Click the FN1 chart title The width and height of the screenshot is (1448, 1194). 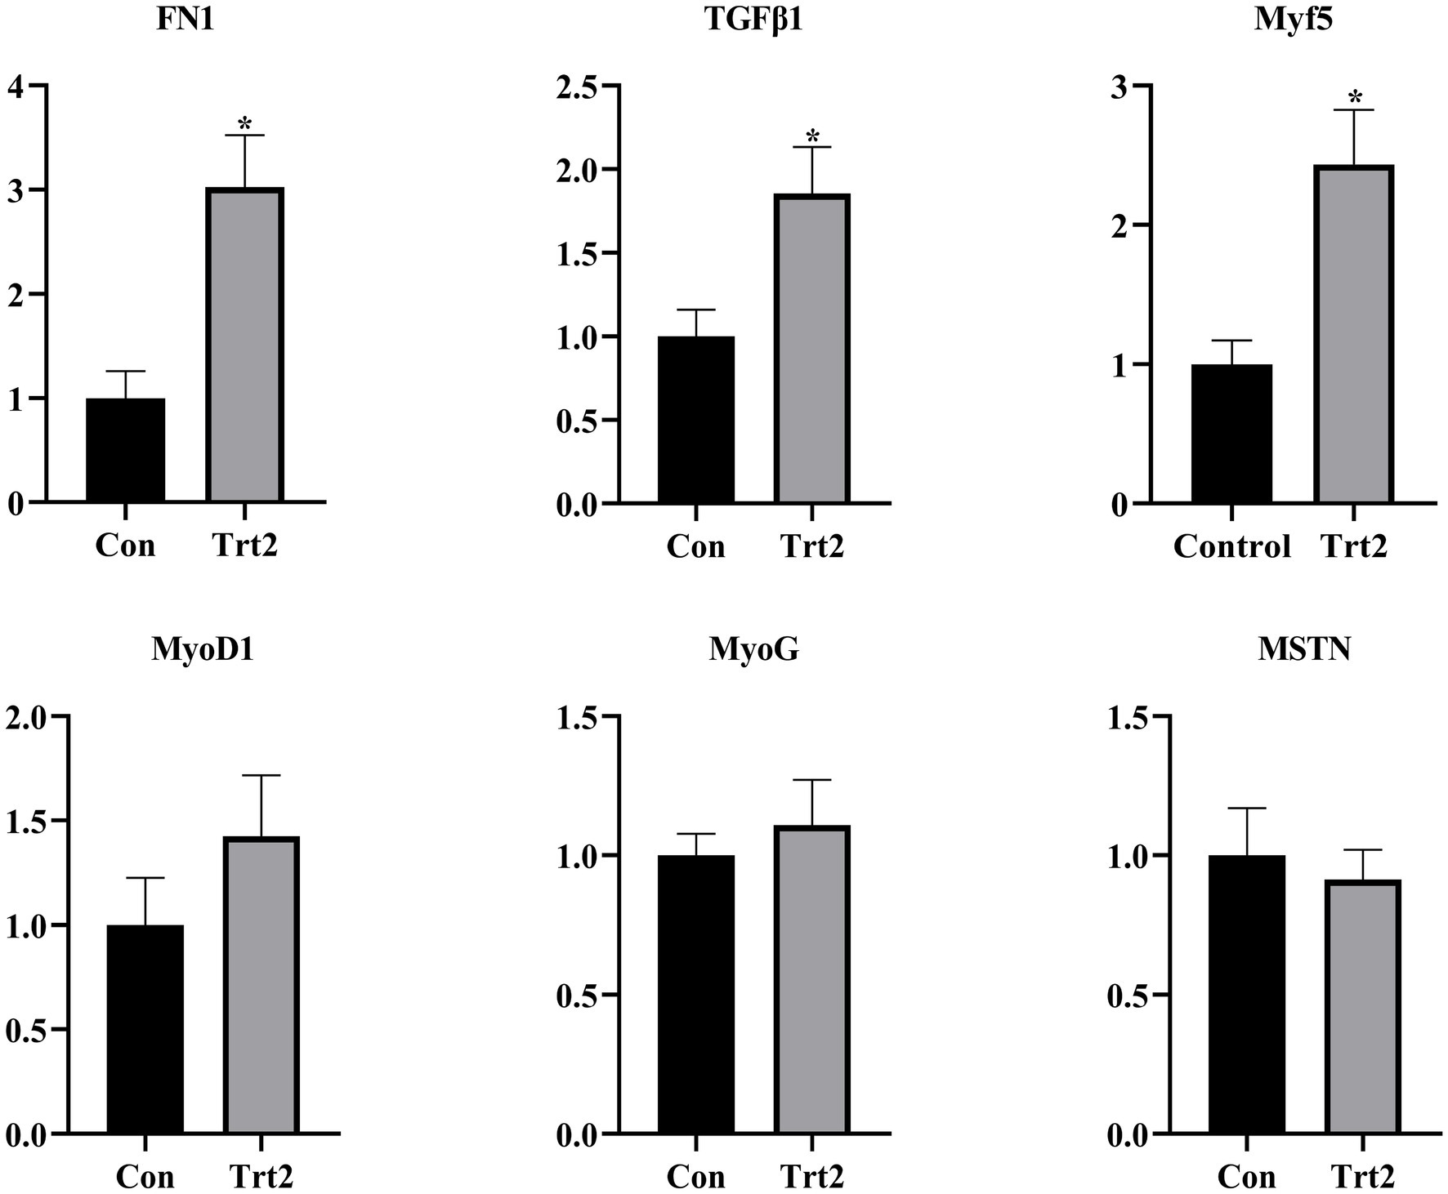coord(185,20)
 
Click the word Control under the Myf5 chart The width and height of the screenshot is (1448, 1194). coord(1231,546)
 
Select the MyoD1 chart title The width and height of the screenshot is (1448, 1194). coord(202,651)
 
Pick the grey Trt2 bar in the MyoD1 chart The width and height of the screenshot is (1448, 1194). coord(262,987)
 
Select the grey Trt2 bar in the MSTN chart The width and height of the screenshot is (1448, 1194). coord(1363,1008)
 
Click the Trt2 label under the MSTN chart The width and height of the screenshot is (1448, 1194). coord(1363,1177)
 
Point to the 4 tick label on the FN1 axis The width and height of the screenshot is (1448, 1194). coord(16,86)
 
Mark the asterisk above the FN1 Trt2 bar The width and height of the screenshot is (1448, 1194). coord(244,124)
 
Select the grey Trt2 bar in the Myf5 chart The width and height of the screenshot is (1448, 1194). coord(1354,335)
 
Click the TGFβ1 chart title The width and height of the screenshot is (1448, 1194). coord(753,20)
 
